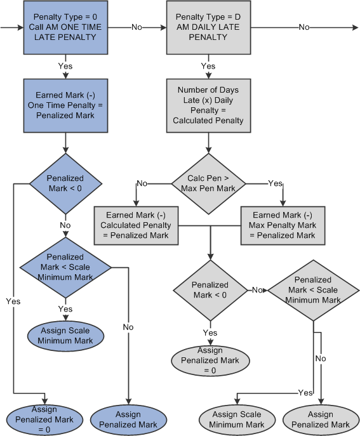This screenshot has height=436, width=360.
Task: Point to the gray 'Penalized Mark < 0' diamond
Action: tap(210, 289)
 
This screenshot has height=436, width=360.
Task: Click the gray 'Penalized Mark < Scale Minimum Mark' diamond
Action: tap(312, 289)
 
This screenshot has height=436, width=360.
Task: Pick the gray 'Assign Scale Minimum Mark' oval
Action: tap(239, 419)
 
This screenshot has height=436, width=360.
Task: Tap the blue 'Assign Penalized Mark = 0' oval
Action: tap(39, 419)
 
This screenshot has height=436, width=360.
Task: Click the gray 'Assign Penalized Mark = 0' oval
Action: tap(210, 360)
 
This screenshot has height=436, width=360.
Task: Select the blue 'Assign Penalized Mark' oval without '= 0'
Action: tap(129, 419)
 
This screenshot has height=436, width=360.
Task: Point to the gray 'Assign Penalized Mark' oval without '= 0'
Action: tap(320, 419)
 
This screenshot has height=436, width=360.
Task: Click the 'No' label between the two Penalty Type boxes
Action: tap(137, 28)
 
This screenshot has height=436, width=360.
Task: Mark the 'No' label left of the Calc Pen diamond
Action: tap(143, 183)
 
